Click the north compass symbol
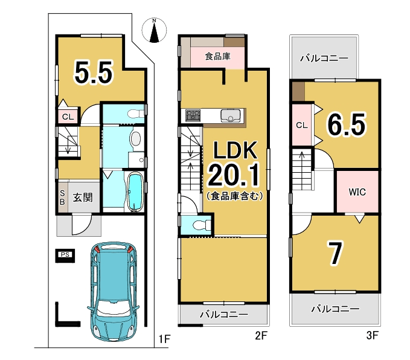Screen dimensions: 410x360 (154, 30)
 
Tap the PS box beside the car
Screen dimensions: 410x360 (65, 256)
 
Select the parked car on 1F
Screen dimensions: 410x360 (114, 292)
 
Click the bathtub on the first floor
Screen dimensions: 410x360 (135, 191)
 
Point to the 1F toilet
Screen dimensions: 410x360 (136, 114)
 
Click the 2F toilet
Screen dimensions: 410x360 (201, 225)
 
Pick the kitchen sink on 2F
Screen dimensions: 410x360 (231, 116)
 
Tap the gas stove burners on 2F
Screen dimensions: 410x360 (193, 115)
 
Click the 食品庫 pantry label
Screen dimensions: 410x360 (217, 56)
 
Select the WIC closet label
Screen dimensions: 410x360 (357, 192)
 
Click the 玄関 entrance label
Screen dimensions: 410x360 (83, 198)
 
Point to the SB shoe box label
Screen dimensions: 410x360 (62, 198)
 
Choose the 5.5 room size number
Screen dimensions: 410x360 (94, 72)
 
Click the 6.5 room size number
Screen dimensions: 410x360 (347, 124)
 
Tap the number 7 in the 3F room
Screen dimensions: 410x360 (336, 253)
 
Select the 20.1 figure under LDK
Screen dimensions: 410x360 (234, 175)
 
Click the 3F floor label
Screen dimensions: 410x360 (373, 335)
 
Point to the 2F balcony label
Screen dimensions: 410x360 (224, 314)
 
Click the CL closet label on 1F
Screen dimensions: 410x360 (68, 117)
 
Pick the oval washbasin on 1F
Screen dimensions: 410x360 (135, 138)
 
